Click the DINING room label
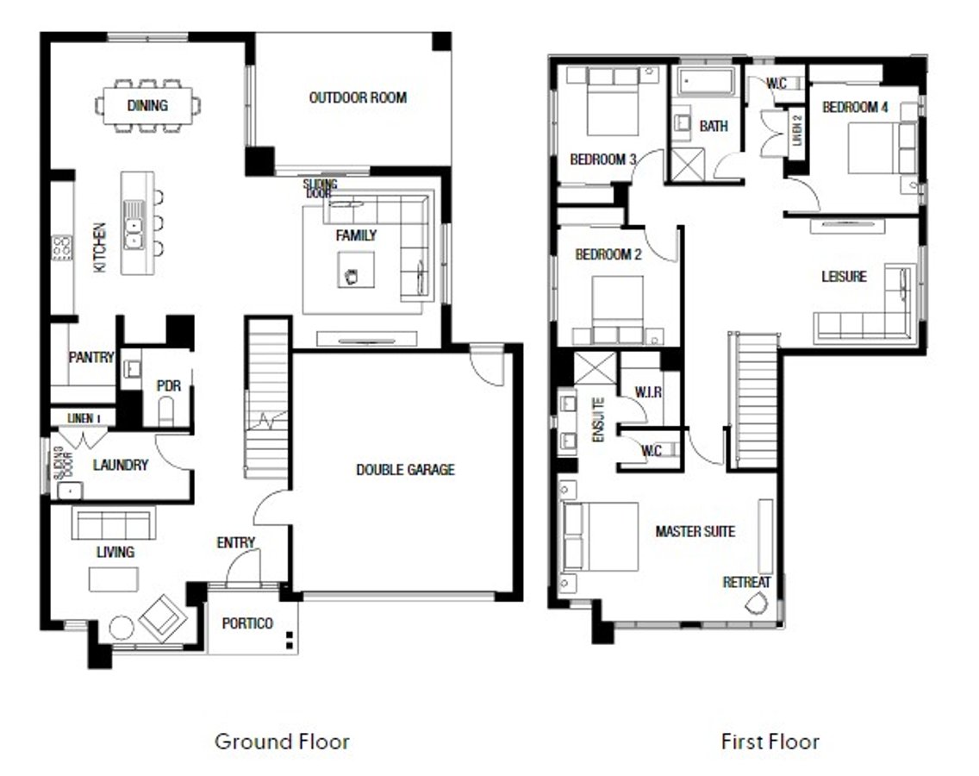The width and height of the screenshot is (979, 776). (147, 105)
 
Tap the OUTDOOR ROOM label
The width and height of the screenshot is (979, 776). (358, 97)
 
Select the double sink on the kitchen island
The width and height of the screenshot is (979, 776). (133, 224)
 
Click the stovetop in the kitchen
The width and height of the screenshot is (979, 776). (62, 247)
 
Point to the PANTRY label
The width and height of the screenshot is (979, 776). (91, 357)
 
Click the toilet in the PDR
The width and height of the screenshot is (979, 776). (166, 411)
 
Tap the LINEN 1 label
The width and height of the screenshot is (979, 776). (84, 418)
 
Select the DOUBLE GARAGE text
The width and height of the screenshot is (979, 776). (405, 470)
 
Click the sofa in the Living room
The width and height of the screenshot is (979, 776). (114, 523)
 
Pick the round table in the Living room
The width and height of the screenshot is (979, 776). (122, 628)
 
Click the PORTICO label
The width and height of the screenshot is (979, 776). (247, 623)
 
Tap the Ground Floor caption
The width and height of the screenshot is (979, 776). (282, 742)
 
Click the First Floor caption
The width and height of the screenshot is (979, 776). (770, 742)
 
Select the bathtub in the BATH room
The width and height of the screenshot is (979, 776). (706, 82)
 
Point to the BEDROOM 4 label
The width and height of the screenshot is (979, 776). (855, 108)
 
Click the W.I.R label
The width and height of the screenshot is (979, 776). (648, 392)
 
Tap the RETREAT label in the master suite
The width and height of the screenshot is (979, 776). (746, 582)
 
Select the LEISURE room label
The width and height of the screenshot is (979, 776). (845, 276)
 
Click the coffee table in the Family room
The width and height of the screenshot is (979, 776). (356, 270)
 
